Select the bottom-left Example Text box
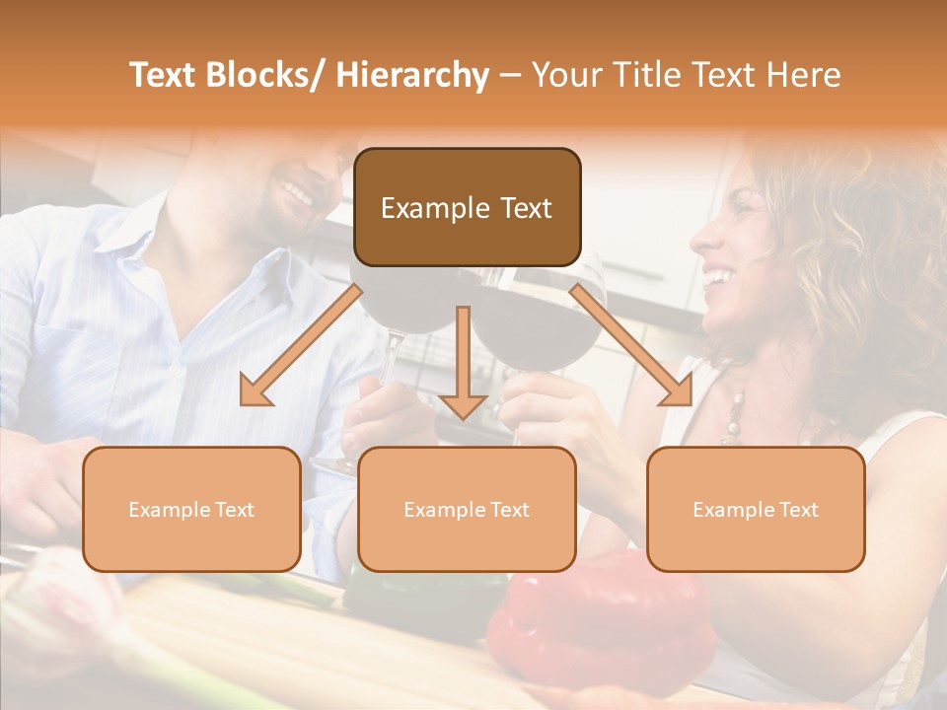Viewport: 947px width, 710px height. point(191,509)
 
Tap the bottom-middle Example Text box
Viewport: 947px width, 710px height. point(466,509)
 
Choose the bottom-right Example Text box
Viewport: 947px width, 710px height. point(756,509)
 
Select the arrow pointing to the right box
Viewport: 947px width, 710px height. point(632,345)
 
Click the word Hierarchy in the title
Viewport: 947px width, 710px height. point(412,75)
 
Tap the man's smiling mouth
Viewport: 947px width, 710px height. point(296,190)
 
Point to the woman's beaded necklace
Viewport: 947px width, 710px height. point(735,414)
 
